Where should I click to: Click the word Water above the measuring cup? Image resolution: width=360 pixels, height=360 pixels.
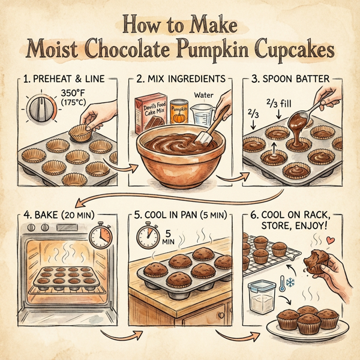tap(204, 95)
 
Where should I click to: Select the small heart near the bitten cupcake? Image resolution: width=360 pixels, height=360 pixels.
tap(328, 239)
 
